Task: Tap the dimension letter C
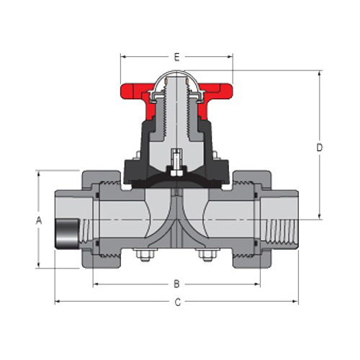point(177,302)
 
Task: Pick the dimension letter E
point(177,55)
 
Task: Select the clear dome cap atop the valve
point(176,76)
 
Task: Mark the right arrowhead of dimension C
point(297,301)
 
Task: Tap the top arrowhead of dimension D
point(319,73)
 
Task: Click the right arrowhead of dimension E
point(230,55)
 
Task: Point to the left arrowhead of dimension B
point(95,282)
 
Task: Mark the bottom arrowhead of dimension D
point(319,216)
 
